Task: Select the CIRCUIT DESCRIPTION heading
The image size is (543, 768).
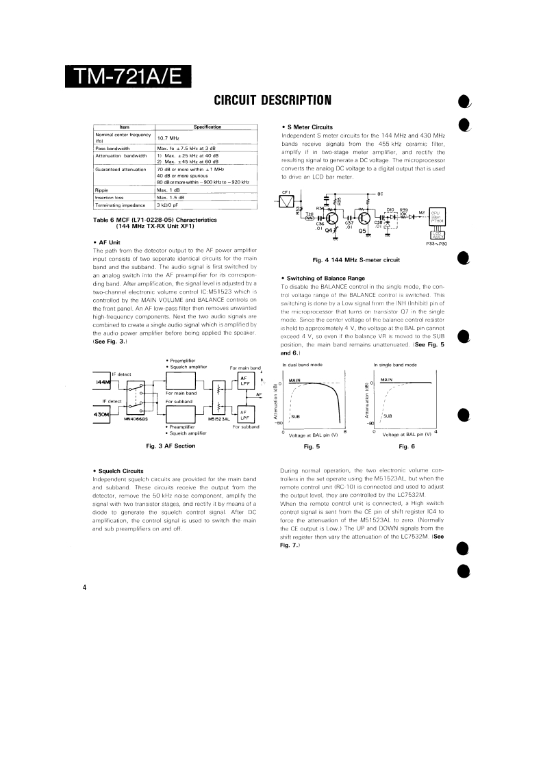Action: click(x=273, y=101)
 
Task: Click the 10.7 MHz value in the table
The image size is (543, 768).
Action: click(x=169, y=138)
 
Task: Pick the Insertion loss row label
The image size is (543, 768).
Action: click(x=110, y=197)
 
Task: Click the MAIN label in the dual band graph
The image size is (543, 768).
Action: click(x=295, y=380)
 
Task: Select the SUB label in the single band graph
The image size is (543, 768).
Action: click(x=388, y=415)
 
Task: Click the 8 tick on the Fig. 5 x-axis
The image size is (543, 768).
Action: click(x=344, y=431)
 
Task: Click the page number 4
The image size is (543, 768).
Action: click(x=83, y=587)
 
